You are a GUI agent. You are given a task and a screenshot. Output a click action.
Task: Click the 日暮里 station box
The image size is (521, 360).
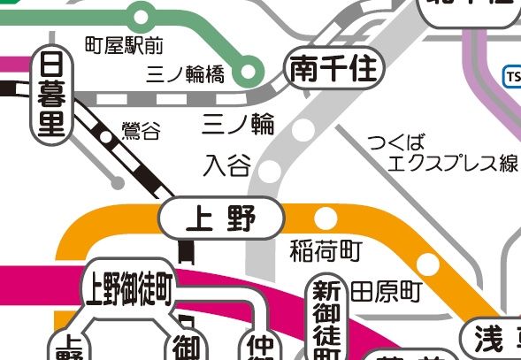pyautogui.click(x=54, y=95)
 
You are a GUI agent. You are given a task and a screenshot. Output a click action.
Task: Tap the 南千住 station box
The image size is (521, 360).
pyautogui.click(x=333, y=68)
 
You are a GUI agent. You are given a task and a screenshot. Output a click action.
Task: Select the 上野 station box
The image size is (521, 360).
pyautogui.click(x=221, y=218)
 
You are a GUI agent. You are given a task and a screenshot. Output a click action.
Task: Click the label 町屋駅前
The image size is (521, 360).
pyautogui.click(x=124, y=43)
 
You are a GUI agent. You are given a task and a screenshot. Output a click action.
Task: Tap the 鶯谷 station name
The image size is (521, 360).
pyautogui.click(x=142, y=133)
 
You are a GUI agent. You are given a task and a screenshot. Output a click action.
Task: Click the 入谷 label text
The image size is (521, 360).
pyautogui.click(x=226, y=165)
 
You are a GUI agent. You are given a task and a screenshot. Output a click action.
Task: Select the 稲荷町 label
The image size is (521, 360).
pyautogui.click(x=326, y=251)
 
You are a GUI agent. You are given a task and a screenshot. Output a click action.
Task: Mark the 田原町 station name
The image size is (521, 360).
pyautogui.click(x=386, y=290)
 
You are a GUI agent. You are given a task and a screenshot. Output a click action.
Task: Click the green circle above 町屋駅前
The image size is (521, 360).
pyautogui.click(x=139, y=14)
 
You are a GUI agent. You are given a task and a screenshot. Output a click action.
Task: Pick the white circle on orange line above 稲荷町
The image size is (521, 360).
pyautogui.click(x=326, y=217)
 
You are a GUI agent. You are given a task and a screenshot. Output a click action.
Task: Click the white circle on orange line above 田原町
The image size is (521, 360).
pyautogui.click(x=428, y=264)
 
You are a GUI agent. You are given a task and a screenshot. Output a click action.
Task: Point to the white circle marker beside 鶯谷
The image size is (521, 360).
pyautogui.click(x=107, y=137)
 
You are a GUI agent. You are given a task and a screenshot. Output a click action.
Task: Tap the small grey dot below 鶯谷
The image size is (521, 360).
pyautogui.click(x=118, y=184)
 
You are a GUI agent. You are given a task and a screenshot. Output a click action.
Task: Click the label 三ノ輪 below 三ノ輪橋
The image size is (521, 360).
pyautogui.click(x=238, y=123)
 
